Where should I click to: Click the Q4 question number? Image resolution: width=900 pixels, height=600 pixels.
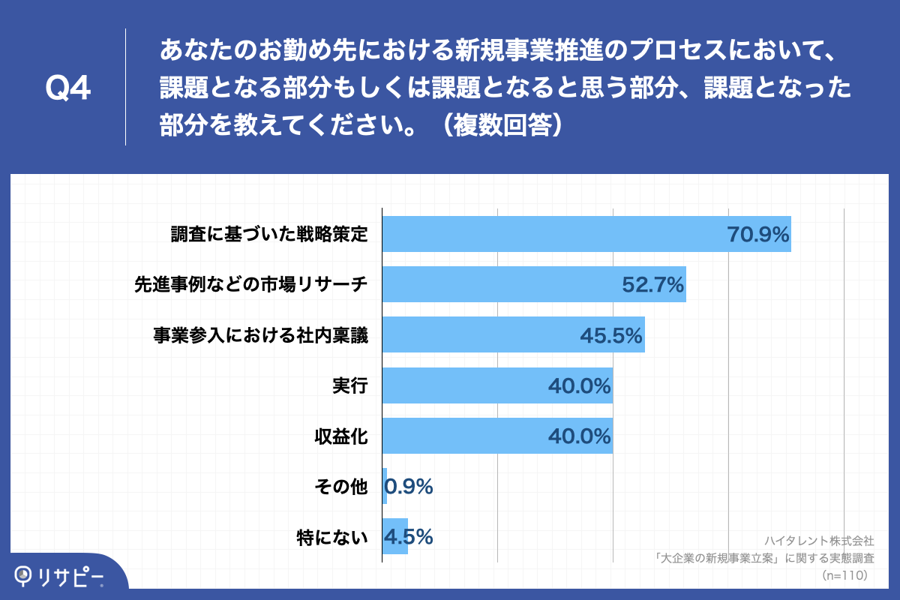pyautogui.click(x=68, y=88)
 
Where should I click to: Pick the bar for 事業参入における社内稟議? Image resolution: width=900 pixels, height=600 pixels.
pyautogui.click(x=480, y=335)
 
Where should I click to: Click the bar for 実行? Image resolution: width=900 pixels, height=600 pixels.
pyautogui.click(x=465, y=385)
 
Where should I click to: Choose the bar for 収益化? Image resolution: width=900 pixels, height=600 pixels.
pyautogui.click(x=465, y=436)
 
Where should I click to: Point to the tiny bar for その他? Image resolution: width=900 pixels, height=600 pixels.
pyautogui.click(x=385, y=486)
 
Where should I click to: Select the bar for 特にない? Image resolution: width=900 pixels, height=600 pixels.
pyautogui.click(x=394, y=537)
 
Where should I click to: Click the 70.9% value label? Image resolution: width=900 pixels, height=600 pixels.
pyautogui.click(x=758, y=235)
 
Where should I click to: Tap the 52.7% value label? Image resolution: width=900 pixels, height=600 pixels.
pyautogui.click(x=653, y=285)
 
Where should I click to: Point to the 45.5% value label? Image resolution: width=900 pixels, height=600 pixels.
pyautogui.click(x=611, y=335)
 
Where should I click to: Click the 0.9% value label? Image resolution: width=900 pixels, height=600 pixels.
pyautogui.click(x=410, y=487)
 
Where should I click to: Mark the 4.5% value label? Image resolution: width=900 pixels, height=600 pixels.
pyautogui.click(x=409, y=537)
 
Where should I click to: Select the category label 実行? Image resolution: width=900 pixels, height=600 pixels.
pyautogui.click(x=349, y=385)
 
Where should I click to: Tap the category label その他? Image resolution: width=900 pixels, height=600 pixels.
pyautogui.click(x=340, y=487)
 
